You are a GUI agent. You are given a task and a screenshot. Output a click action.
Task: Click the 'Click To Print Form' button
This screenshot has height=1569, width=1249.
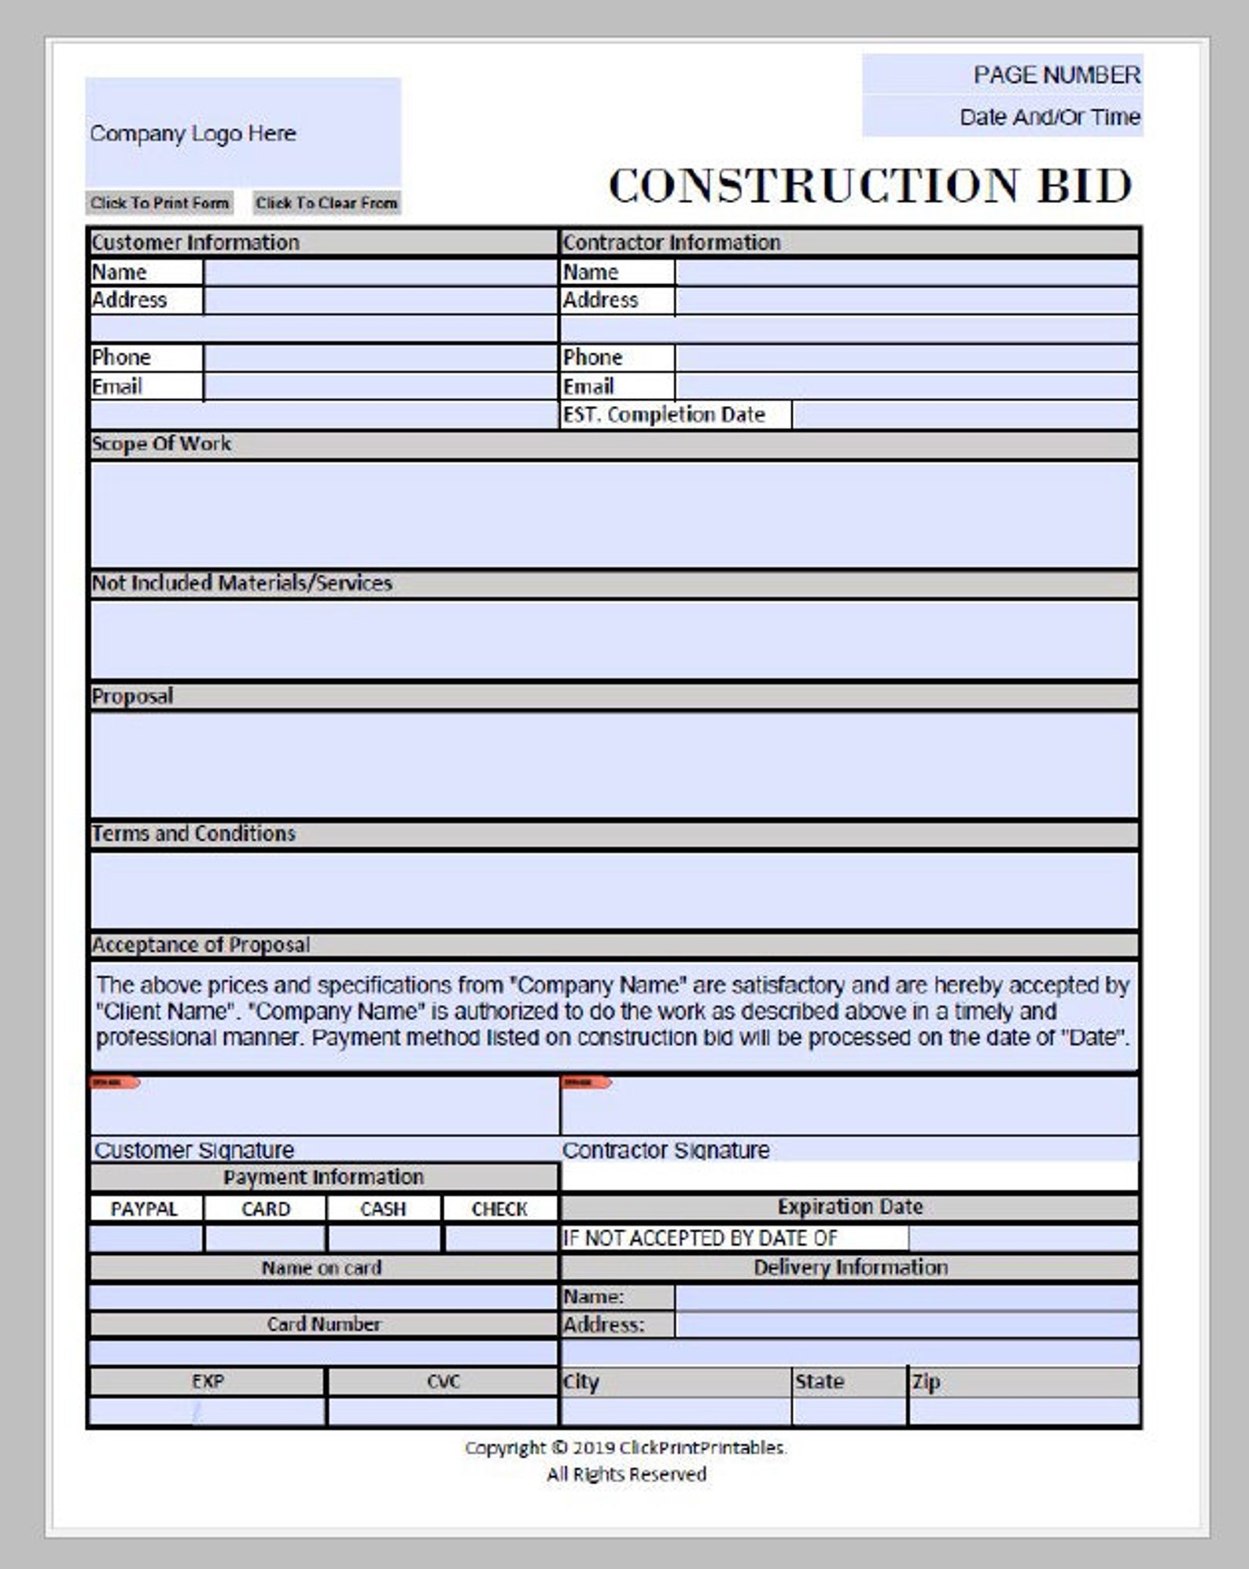(x=159, y=203)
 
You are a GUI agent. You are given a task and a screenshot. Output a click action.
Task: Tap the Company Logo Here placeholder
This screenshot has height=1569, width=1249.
(x=242, y=132)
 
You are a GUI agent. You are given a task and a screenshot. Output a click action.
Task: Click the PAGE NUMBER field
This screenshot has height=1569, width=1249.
(x=1002, y=75)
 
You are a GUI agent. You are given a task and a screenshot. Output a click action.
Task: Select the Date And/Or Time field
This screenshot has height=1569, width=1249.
(x=1002, y=117)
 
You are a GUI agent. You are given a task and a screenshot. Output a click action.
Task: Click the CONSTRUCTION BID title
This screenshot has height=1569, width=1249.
(x=870, y=186)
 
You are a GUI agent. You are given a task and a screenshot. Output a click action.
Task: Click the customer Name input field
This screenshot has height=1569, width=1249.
(x=380, y=272)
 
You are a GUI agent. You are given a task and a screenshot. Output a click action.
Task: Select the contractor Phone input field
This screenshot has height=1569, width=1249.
(x=906, y=358)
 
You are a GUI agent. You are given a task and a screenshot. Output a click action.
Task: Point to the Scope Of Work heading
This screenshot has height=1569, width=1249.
(x=162, y=444)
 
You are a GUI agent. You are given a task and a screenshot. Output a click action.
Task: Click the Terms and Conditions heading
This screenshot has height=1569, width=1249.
(x=194, y=833)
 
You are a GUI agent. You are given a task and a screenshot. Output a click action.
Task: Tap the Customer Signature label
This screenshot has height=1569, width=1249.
(x=194, y=1150)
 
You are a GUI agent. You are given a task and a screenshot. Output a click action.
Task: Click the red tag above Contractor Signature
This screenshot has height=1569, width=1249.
(x=586, y=1083)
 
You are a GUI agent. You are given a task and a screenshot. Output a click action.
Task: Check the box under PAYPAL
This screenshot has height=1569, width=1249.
(x=146, y=1239)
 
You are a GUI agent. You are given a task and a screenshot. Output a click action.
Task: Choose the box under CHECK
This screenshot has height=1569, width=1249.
(x=500, y=1239)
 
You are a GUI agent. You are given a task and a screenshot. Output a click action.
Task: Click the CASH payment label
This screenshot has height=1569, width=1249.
(x=383, y=1209)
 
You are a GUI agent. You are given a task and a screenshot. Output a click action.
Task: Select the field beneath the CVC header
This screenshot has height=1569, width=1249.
(x=442, y=1411)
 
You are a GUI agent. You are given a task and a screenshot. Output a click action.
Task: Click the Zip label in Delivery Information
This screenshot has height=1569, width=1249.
(x=927, y=1382)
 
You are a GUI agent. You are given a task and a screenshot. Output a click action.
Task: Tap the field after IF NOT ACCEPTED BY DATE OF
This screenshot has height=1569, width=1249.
(x=1022, y=1239)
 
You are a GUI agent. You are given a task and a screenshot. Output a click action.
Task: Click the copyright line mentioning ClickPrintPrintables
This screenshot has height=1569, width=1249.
(x=625, y=1447)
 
